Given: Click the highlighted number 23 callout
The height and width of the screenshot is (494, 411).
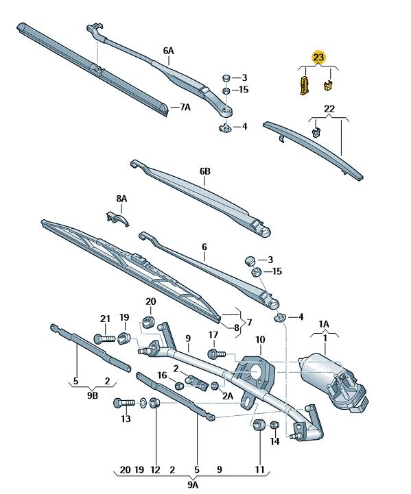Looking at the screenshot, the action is click(x=318, y=58).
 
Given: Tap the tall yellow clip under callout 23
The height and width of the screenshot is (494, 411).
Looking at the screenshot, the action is click(x=304, y=85).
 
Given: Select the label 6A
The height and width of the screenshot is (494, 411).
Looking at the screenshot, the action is click(x=168, y=51).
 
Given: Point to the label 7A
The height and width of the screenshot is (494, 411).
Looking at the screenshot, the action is click(x=185, y=107).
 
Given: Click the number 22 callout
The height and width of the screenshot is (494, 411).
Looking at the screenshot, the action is click(x=329, y=109).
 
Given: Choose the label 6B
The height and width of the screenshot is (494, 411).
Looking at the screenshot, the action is click(x=204, y=171).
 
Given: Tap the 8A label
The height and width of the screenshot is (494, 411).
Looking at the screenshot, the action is click(x=121, y=199).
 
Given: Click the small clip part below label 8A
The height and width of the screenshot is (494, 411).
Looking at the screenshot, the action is click(x=117, y=218).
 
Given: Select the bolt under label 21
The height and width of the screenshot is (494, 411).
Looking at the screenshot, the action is click(x=105, y=339).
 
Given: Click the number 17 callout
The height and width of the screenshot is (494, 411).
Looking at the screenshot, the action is click(x=213, y=334).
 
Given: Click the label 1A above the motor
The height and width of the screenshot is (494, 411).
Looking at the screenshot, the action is click(x=324, y=324).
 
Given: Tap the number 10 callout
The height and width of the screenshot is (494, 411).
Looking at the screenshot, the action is click(x=260, y=340).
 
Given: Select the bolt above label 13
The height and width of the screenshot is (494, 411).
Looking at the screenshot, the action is click(x=124, y=403).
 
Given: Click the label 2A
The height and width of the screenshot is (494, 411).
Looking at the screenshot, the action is click(x=228, y=395).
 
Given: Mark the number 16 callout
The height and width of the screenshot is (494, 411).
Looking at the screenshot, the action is click(x=162, y=375).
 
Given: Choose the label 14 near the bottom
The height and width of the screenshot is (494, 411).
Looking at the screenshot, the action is click(x=274, y=441).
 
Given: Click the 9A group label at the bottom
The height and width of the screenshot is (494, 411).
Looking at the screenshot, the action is click(x=193, y=484).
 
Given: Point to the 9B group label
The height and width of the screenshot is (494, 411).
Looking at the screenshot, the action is click(x=93, y=395).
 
